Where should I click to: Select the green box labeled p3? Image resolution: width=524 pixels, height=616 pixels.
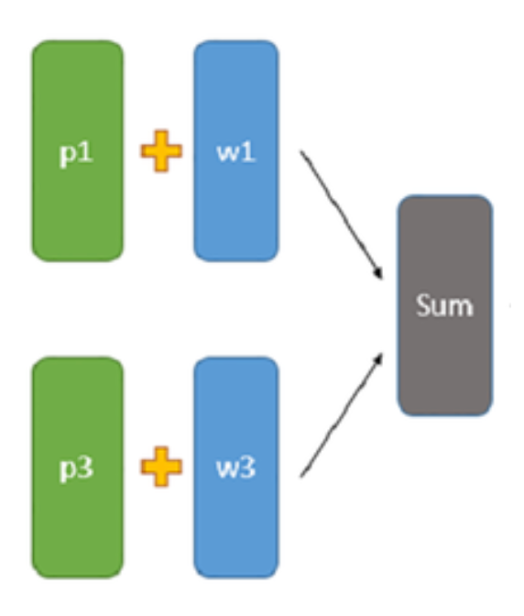(78, 513)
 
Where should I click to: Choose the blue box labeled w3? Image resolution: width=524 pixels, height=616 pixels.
(235, 513)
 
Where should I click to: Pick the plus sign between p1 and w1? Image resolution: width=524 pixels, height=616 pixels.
(161, 152)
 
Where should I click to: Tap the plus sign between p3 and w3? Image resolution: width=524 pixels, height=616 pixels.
(161, 466)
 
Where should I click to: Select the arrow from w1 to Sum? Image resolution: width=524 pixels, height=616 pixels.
(342, 215)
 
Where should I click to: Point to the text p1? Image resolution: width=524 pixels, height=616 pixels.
(77, 153)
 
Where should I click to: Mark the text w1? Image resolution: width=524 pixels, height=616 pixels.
(235, 152)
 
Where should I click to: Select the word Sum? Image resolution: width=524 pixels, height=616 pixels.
(444, 304)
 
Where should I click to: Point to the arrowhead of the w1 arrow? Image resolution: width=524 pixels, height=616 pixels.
(379, 276)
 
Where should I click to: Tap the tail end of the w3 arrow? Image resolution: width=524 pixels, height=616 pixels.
(302, 475)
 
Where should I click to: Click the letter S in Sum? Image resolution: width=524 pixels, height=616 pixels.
(423, 304)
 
